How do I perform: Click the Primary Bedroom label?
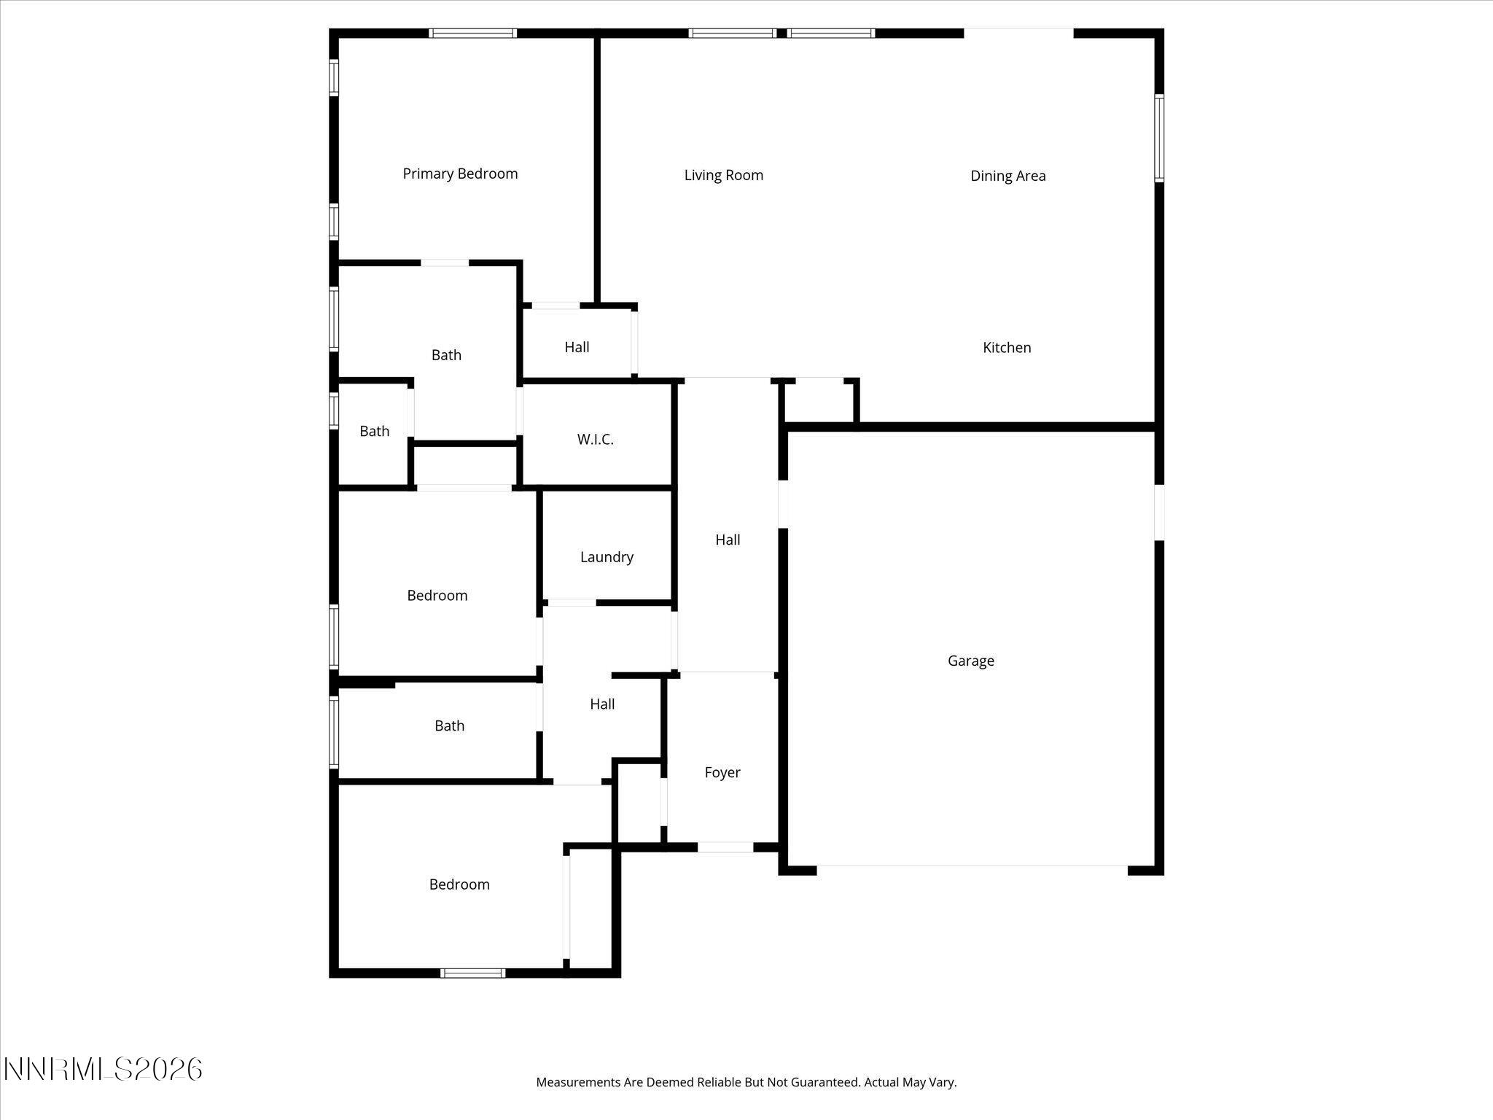(x=460, y=174)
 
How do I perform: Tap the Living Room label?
(x=723, y=175)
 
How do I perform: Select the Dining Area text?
(x=1007, y=176)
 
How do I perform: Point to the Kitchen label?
(x=1007, y=348)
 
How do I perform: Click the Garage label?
(x=970, y=661)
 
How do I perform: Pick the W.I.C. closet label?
(x=595, y=440)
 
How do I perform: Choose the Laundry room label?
(x=607, y=557)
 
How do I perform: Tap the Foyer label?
(x=722, y=772)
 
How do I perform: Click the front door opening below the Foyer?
(x=725, y=847)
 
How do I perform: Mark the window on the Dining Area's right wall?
(x=1158, y=137)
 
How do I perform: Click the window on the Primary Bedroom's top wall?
(x=472, y=33)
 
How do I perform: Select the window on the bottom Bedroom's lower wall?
(x=473, y=973)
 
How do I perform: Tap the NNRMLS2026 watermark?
(x=103, y=1070)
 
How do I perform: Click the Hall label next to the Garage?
(x=727, y=540)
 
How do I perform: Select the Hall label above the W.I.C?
(x=577, y=347)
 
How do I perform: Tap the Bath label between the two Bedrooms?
(x=449, y=726)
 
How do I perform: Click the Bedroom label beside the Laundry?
(x=437, y=596)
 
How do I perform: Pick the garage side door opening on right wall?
(x=1159, y=513)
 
